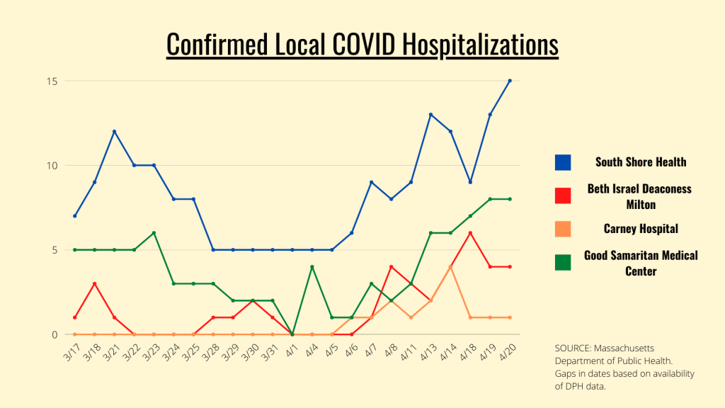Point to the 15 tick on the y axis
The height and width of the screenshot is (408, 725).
coord(52,81)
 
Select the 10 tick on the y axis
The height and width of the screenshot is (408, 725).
coord(52,166)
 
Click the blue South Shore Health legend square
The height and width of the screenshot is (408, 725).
coord(563,162)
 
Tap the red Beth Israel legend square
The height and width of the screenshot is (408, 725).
coord(563,195)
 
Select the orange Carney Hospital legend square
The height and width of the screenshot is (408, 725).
coord(563,229)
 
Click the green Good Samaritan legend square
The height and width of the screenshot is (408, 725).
coord(563,262)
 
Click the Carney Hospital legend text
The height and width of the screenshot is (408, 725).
coord(640,229)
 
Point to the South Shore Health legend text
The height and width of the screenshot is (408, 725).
coord(640,162)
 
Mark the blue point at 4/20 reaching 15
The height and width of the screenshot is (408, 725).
coord(510,81)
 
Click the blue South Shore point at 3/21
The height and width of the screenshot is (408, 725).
coord(114,132)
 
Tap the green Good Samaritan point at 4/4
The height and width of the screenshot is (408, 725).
coord(312,267)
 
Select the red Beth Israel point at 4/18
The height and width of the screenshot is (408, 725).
coord(470,233)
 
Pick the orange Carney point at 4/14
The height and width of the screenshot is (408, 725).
coord(450,267)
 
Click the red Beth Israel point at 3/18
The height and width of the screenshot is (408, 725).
coord(94,284)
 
